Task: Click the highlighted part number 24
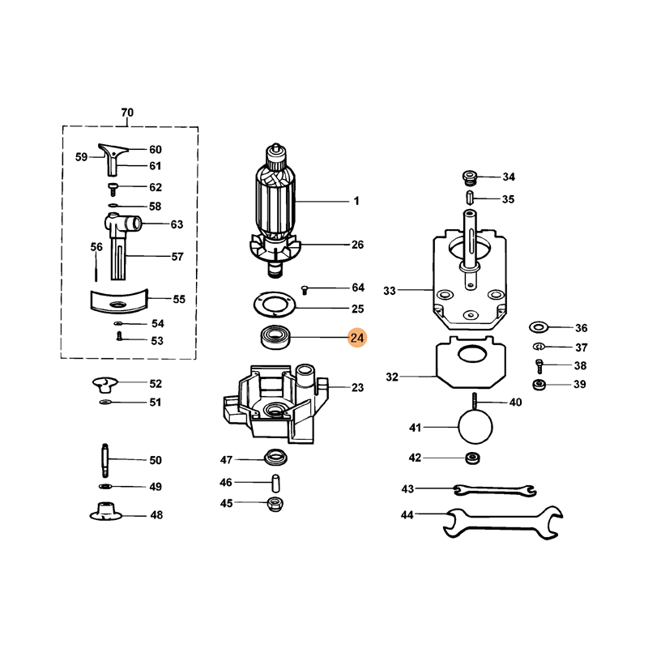pos(357,338)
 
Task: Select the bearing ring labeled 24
pos(275,337)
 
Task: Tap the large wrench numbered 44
pos(502,522)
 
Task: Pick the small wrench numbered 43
pos(495,490)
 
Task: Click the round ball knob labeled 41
pos(475,427)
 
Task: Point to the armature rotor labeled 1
pos(275,211)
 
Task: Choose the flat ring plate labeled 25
pos(275,305)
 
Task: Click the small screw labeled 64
pos(305,289)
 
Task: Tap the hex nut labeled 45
pos(275,504)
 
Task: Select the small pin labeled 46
pos(275,483)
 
